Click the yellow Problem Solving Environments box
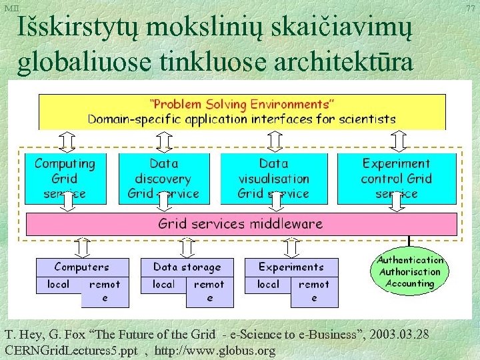click(x=242, y=111)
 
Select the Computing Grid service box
click(x=65, y=178)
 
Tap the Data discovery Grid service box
click(x=163, y=178)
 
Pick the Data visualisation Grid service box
click(x=273, y=178)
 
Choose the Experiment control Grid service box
click(x=397, y=178)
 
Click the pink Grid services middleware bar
click(x=241, y=224)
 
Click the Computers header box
click(x=81, y=267)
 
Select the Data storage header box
click(x=187, y=267)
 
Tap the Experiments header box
click(x=291, y=267)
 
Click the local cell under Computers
click(x=58, y=284)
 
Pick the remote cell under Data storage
click(x=209, y=291)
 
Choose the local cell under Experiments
click(x=268, y=284)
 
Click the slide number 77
click(x=471, y=8)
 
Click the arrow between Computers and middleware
click(x=81, y=247)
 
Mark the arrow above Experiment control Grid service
click(x=398, y=141)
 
